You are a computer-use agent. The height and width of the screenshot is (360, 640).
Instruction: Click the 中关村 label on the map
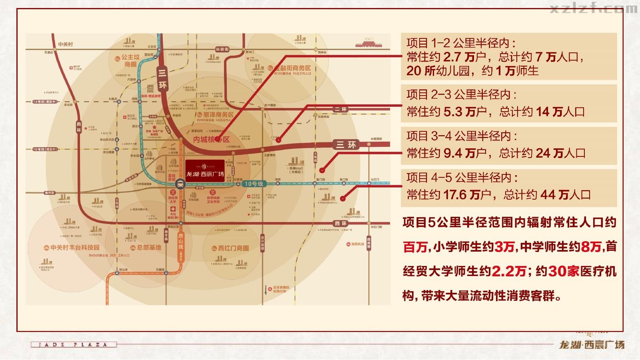[x=64, y=44]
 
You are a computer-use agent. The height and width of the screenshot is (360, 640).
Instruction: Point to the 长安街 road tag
[x=222, y=49]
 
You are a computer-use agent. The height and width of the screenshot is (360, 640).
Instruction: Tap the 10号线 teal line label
[x=254, y=184]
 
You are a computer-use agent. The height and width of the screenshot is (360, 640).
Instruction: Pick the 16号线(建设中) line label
[x=45, y=149]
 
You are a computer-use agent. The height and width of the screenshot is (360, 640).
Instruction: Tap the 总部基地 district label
[x=146, y=248]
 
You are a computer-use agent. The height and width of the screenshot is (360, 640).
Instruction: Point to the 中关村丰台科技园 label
[x=72, y=248]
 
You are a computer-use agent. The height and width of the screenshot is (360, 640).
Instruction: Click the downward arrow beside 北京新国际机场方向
[x=266, y=290]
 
